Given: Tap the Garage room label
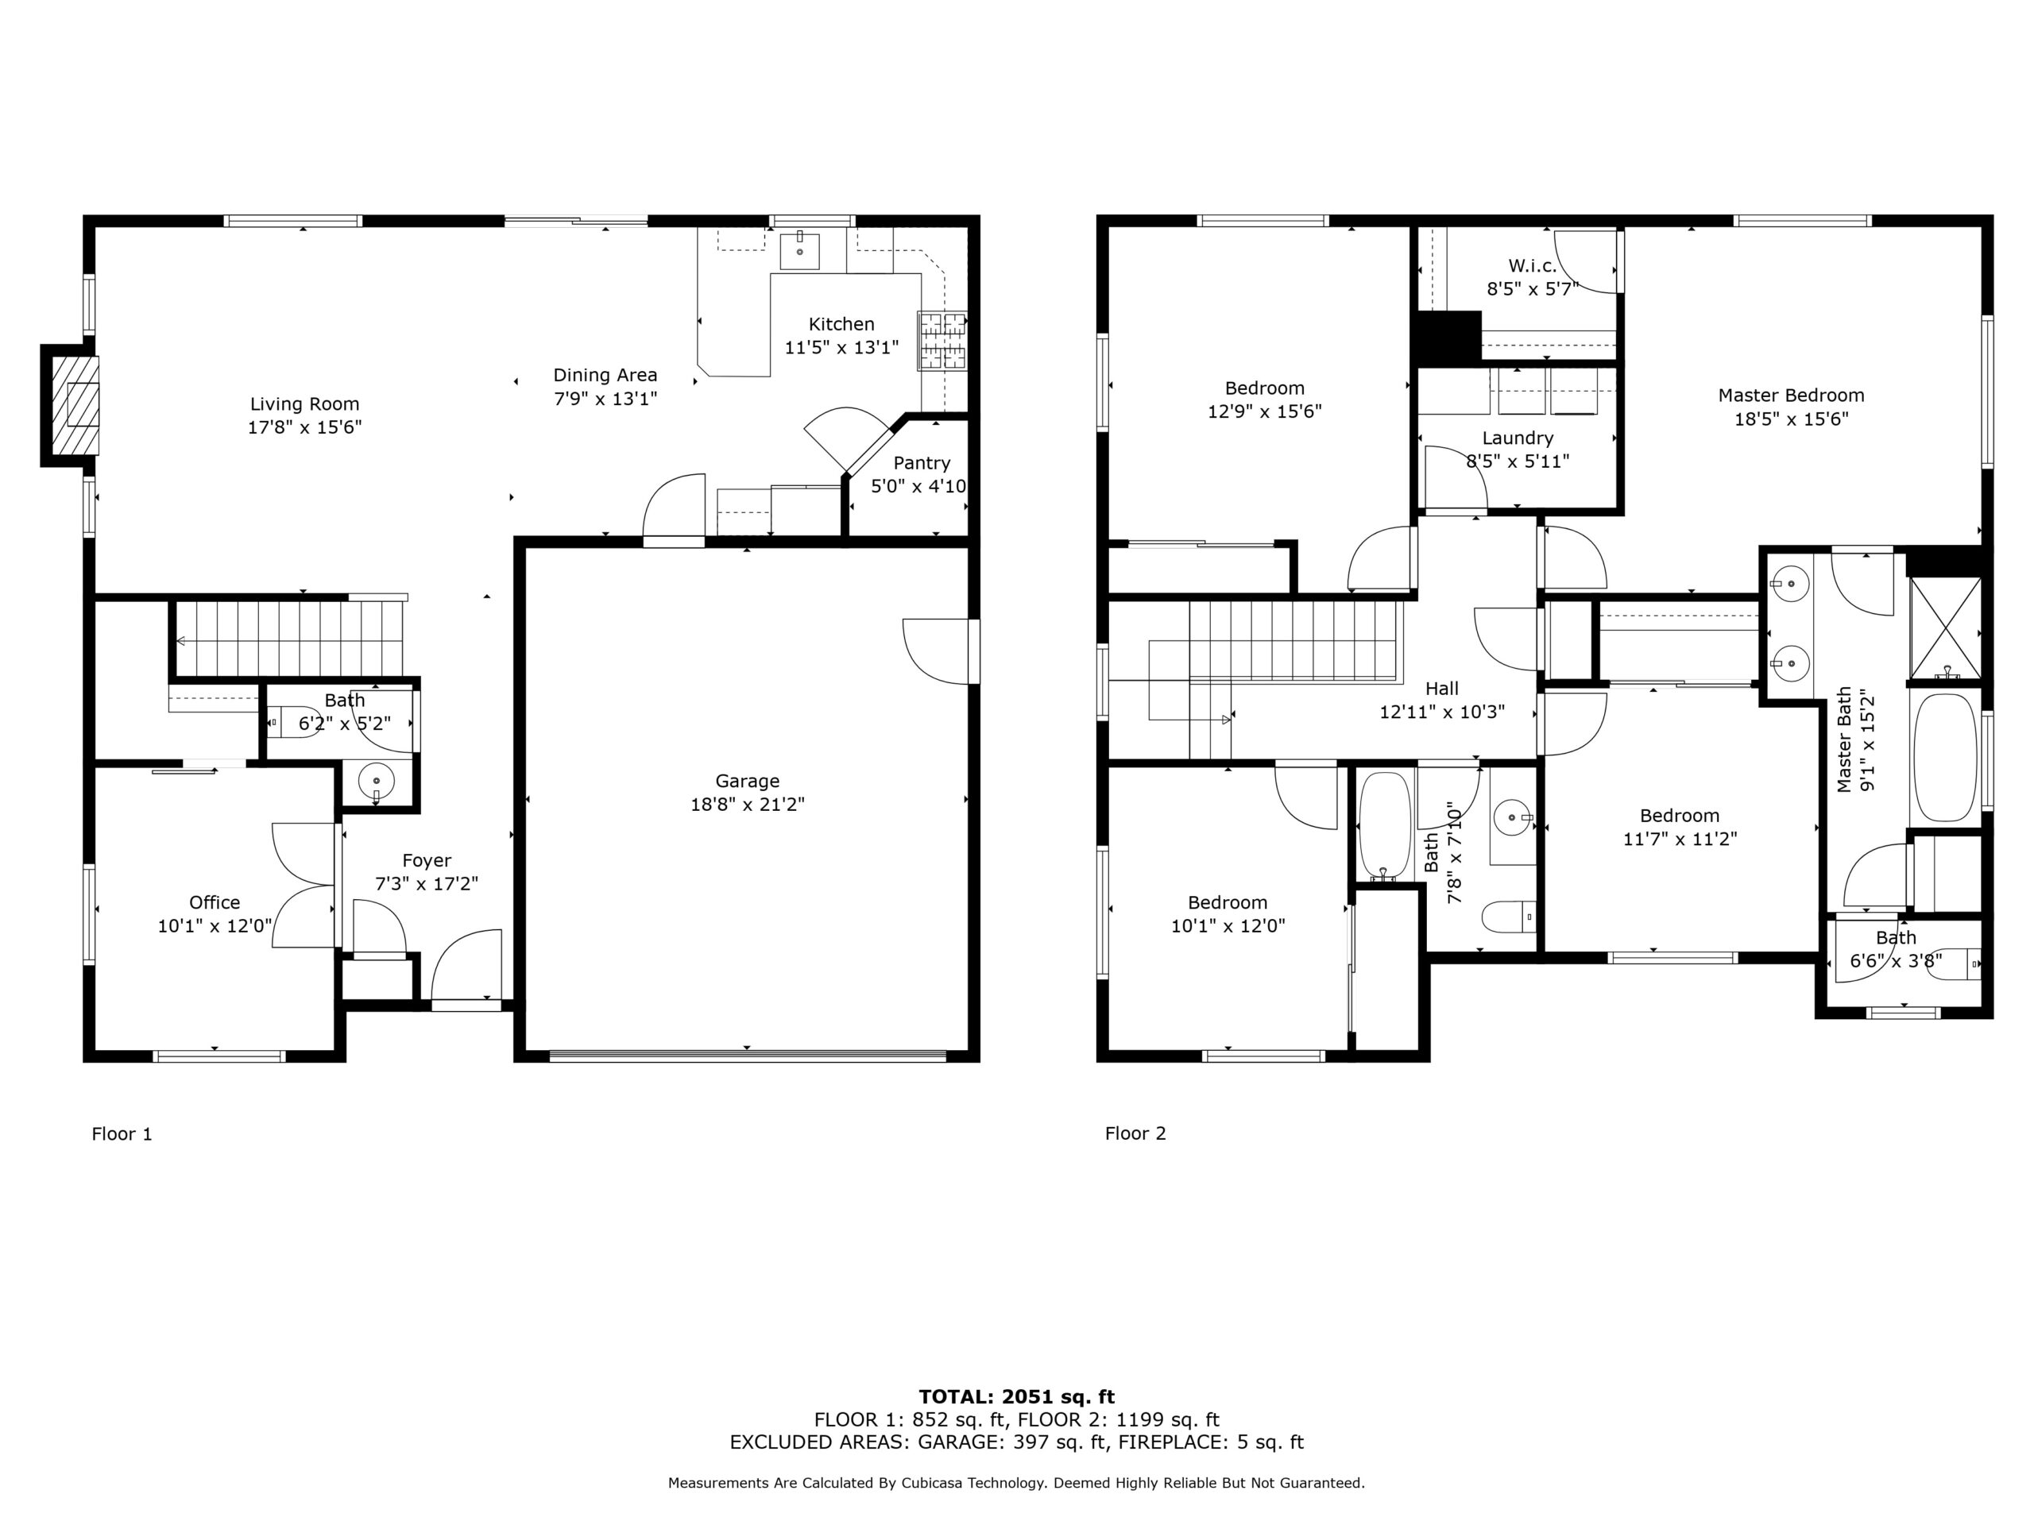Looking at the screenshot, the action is coord(747,782).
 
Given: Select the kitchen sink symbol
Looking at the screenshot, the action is coord(799,251).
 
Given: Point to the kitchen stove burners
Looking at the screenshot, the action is coord(942,341).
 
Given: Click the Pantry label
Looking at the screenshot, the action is coord(922,463).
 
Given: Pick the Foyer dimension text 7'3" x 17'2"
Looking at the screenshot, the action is coord(427,883).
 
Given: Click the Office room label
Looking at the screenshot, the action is coord(215,902).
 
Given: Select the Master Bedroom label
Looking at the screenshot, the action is coord(1791,396).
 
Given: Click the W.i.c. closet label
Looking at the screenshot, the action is coord(1532,265).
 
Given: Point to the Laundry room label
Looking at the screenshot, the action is coord(1518,438).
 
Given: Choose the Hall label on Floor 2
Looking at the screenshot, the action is coord(1442,689).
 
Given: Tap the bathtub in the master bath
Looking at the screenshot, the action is coord(1945,758).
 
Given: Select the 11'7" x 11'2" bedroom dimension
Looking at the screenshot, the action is coord(1680,838).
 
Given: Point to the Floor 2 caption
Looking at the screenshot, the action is coord(1135,1133).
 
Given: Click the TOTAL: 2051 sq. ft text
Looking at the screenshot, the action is coord(1016,1398).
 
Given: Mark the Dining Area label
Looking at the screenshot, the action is coord(605,375).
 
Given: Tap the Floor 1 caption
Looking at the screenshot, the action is coord(122,1133).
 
